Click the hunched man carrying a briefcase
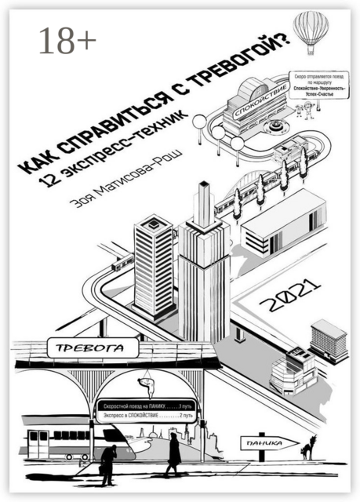coord(109,464)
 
